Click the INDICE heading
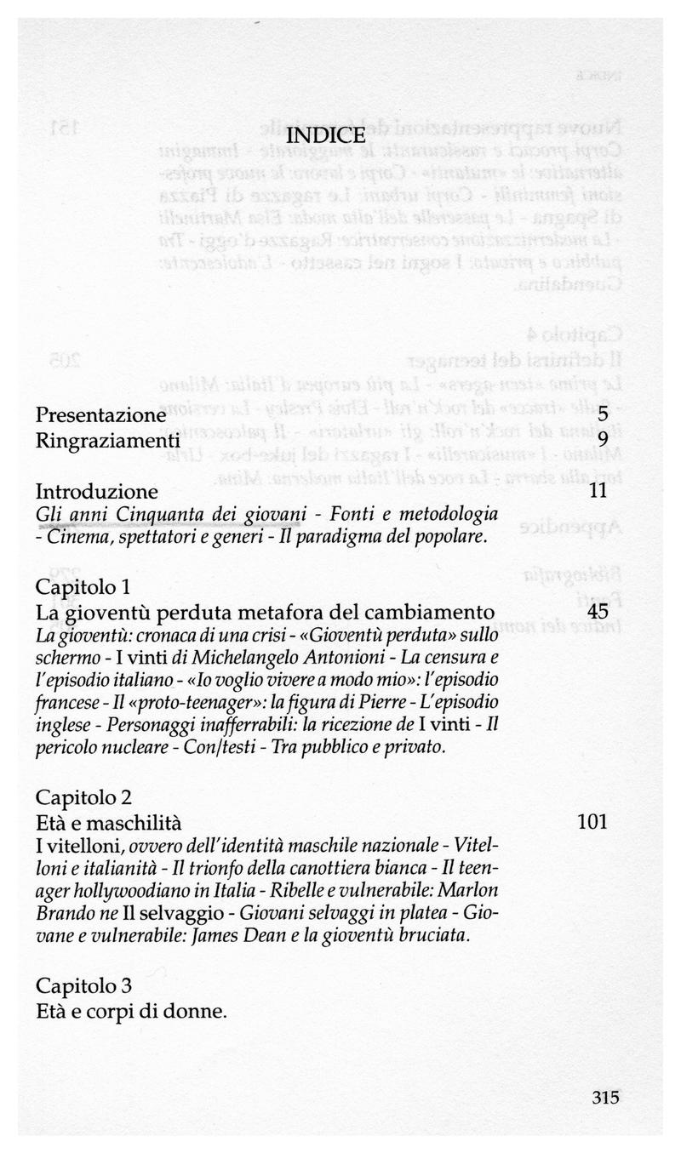[327, 136]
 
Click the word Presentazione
[100, 415]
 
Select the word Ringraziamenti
[108, 440]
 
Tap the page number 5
[602, 415]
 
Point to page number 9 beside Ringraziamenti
[602, 440]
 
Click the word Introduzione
[97, 491]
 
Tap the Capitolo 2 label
[83, 797]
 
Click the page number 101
[592, 822]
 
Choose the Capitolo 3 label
[83, 986]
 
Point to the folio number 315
[604, 1097]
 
